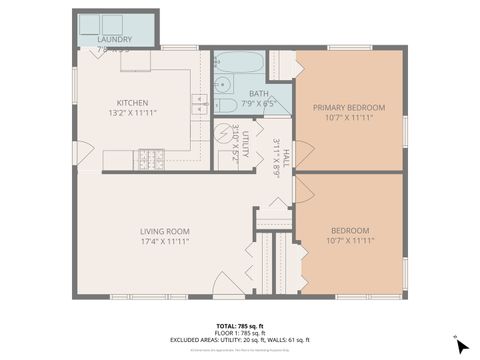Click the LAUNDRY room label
pyautogui.click(x=115, y=39)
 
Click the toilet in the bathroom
pyautogui.click(x=227, y=104)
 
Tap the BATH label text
pyautogui.click(x=259, y=93)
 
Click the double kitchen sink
pyautogui.click(x=201, y=101)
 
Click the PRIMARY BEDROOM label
pyautogui.click(x=349, y=107)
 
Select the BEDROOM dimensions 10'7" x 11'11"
pyautogui.click(x=349, y=240)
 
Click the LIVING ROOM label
pyautogui.click(x=165, y=231)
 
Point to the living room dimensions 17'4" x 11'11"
pyautogui.click(x=165, y=241)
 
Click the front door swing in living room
pyautogui.click(x=230, y=285)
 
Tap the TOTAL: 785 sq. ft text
pyautogui.click(x=240, y=326)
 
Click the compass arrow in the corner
pyautogui.click(x=460, y=346)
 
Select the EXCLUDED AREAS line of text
pyautogui.click(x=240, y=341)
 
